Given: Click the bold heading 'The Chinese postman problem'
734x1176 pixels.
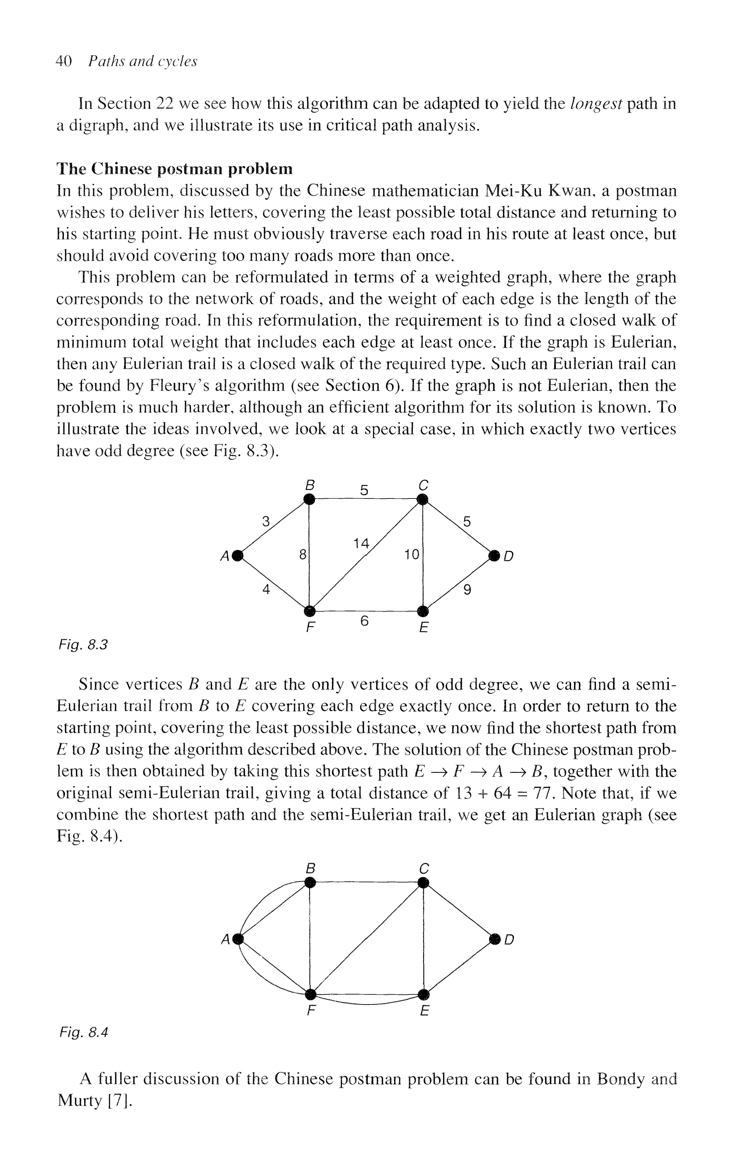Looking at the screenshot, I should (x=174, y=169).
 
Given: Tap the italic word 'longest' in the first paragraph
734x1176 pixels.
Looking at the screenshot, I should (x=596, y=104).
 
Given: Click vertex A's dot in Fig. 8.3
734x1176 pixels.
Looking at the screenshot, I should (x=237, y=555).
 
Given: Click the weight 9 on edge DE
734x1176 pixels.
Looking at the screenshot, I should (x=467, y=590).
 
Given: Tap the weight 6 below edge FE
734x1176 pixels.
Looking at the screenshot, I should (x=364, y=621).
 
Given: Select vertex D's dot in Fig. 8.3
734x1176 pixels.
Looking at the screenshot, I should (x=494, y=555).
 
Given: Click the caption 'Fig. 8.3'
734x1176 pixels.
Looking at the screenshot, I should (x=83, y=645).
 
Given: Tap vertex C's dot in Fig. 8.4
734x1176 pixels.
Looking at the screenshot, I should (x=423, y=883).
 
